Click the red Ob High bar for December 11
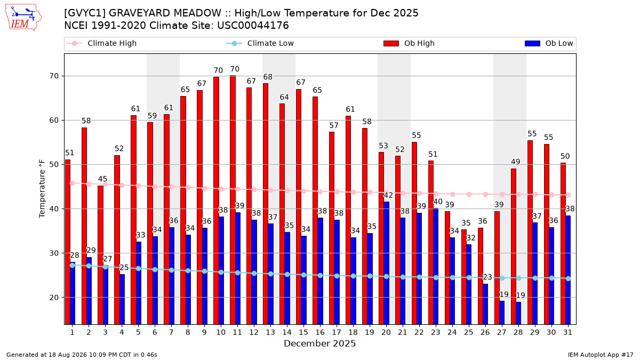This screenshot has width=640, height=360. (x=233, y=200)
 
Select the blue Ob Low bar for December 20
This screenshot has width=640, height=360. (x=386, y=263)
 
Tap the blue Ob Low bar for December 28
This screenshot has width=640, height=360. (x=518, y=313)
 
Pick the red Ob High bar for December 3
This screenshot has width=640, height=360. (x=101, y=255)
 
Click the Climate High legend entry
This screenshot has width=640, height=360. (x=102, y=43)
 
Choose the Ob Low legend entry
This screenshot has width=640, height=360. (x=549, y=43)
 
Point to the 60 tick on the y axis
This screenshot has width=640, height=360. (x=54, y=121)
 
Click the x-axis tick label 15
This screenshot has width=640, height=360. (x=303, y=332)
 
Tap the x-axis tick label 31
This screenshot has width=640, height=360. (x=567, y=332)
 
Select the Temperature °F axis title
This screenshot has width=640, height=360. (x=42, y=189)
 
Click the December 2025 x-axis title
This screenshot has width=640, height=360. (x=319, y=343)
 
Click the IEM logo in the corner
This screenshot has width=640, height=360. (x=23, y=18)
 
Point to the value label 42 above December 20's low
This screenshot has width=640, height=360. (x=388, y=195)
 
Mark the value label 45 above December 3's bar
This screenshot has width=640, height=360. (x=102, y=179)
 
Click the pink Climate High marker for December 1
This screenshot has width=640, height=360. (x=73, y=183)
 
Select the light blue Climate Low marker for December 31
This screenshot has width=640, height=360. (x=569, y=278)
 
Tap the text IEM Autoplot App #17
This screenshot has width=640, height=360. (x=601, y=355)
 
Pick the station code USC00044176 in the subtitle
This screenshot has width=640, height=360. (x=253, y=26)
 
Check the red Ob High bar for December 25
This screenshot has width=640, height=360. (x=464, y=277)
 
